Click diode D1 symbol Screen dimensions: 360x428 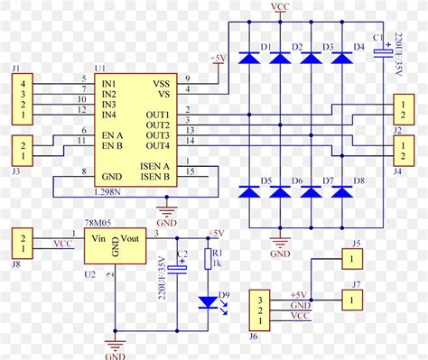pyautogui.click(x=250, y=58)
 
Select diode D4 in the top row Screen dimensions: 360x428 pyautogui.click(x=342, y=58)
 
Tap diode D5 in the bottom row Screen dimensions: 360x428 pyautogui.click(x=250, y=192)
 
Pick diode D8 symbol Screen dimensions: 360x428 pyautogui.click(x=342, y=192)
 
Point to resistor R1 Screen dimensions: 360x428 pyautogui.click(x=210, y=260)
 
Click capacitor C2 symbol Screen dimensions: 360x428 pyautogui.click(x=182, y=267)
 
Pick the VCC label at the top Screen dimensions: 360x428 pyautogui.click(x=280, y=7)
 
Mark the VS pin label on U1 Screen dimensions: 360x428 pyautogui.click(x=163, y=92)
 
